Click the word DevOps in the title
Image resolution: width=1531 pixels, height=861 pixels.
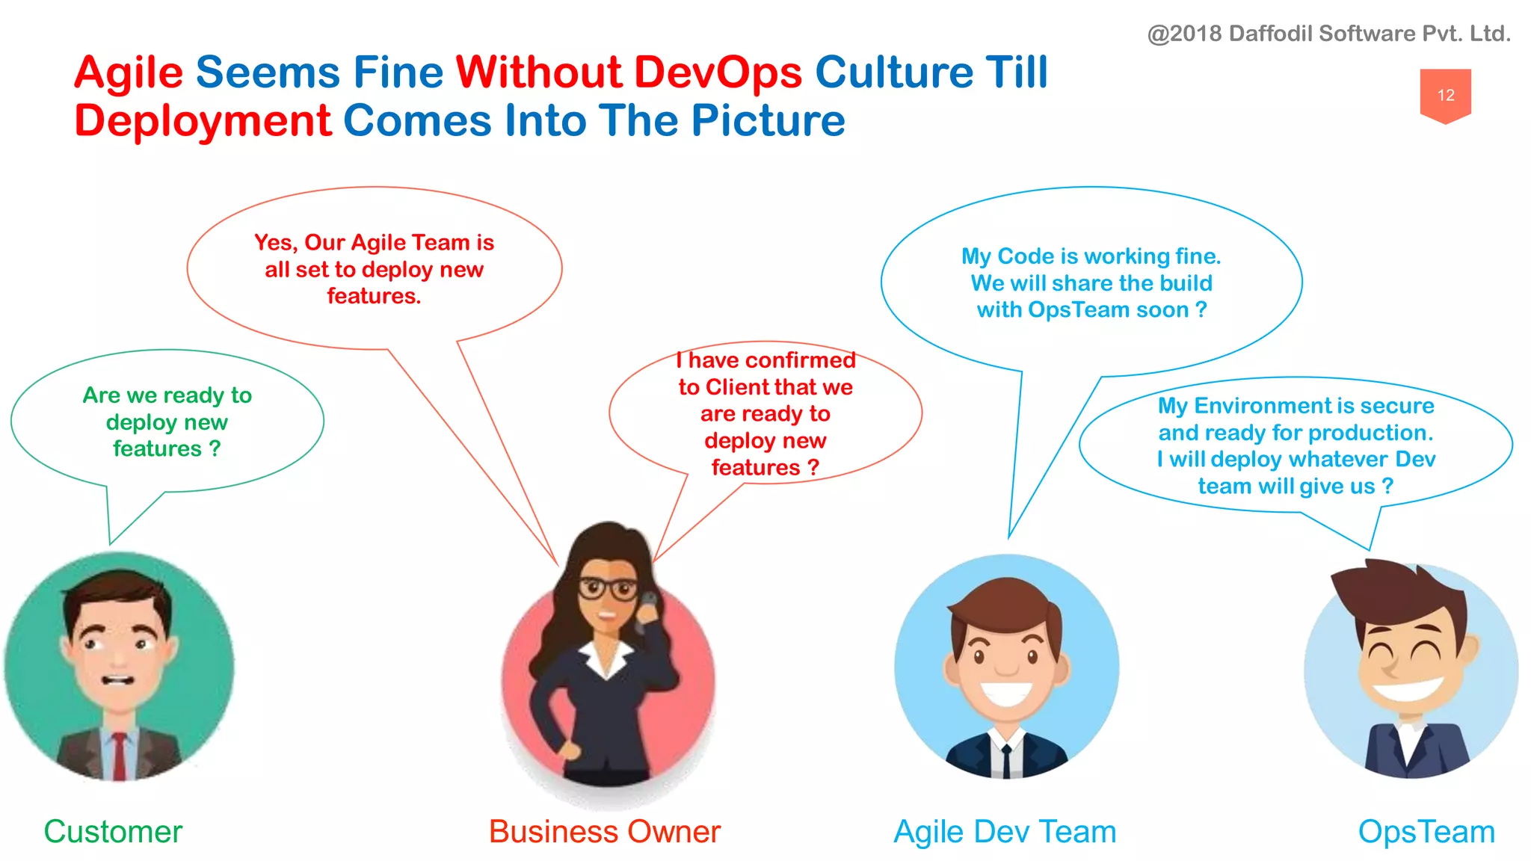718,73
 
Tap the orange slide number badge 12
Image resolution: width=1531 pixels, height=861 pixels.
1445,95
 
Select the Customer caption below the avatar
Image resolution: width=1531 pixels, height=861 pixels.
113,832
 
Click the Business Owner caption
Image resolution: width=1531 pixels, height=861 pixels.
604,832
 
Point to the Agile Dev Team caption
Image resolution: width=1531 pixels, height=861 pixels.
1005,832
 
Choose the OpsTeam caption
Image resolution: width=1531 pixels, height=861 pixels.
1426,832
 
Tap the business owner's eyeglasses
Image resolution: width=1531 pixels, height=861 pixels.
607,589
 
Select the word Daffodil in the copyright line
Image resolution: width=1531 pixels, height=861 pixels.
1270,34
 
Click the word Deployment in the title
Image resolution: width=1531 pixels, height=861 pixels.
203,121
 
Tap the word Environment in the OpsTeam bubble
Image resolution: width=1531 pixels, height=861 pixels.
1263,406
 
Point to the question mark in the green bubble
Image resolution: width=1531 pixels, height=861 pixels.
215,448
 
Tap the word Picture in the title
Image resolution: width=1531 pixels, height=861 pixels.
768,121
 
